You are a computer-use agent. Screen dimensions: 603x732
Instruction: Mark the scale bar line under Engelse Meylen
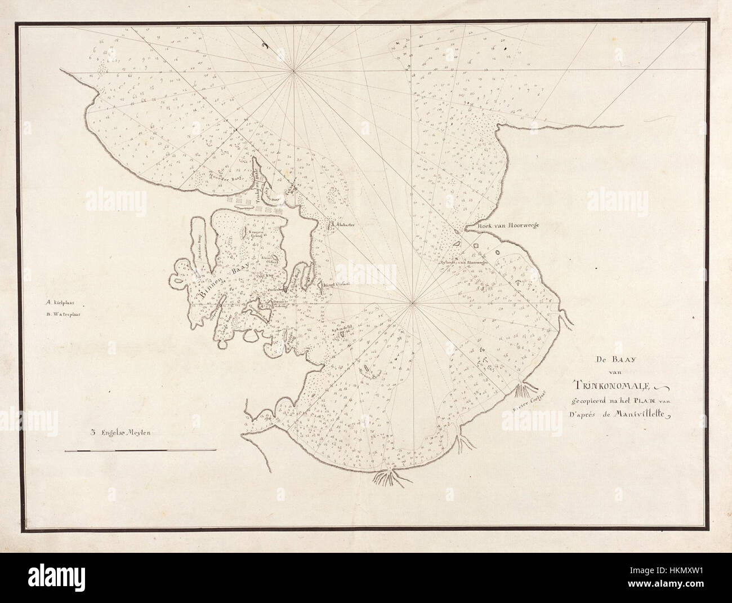click(140, 450)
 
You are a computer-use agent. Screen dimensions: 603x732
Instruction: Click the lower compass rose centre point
click(413, 305)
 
